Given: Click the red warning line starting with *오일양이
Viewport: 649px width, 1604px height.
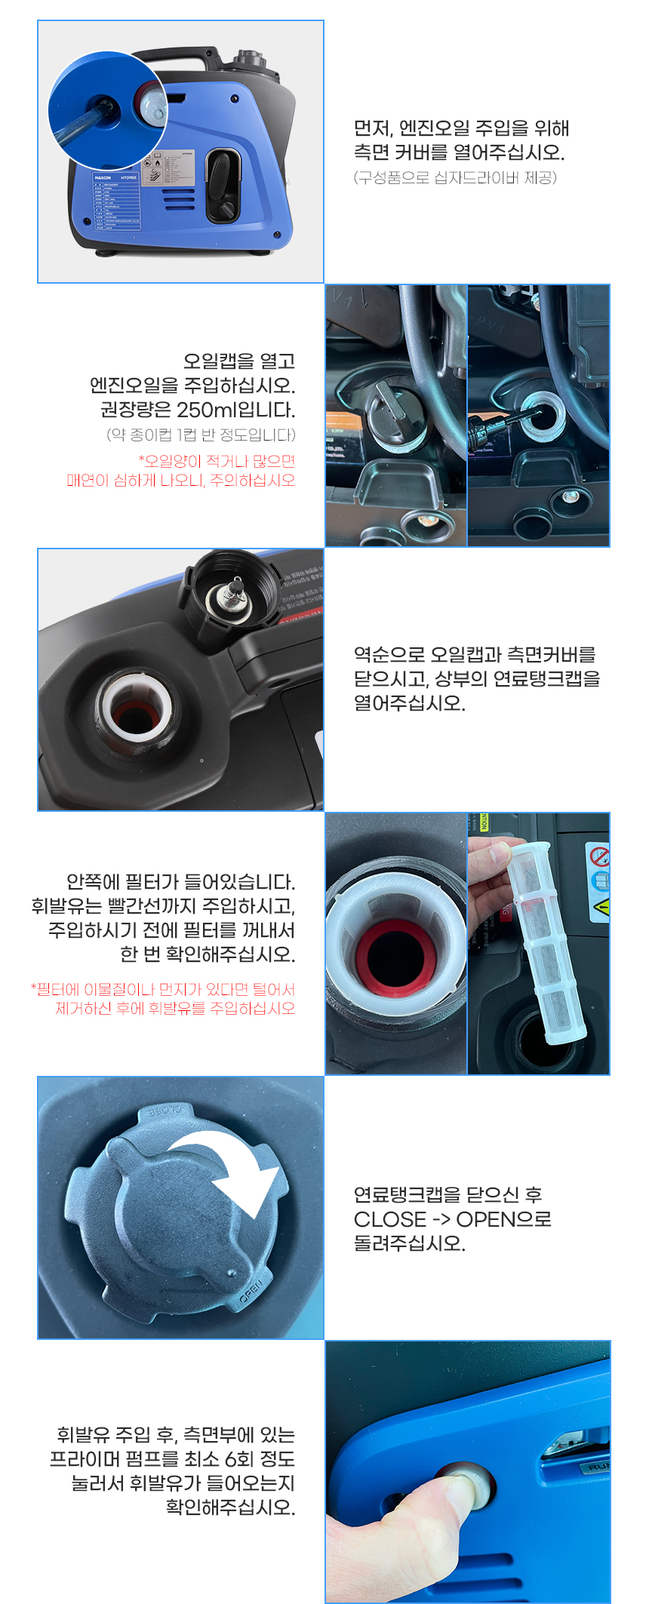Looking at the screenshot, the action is pyautogui.click(x=217, y=461).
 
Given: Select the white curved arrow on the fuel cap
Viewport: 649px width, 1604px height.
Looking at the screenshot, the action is pyautogui.click(x=230, y=1169).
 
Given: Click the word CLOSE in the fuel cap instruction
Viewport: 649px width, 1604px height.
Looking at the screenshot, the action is pyautogui.click(x=390, y=1219).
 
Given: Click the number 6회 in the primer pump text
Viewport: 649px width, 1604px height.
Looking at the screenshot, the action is pyautogui.click(x=239, y=1459).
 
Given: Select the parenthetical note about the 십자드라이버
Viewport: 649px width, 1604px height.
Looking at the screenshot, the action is pyautogui.click(x=455, y=177).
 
